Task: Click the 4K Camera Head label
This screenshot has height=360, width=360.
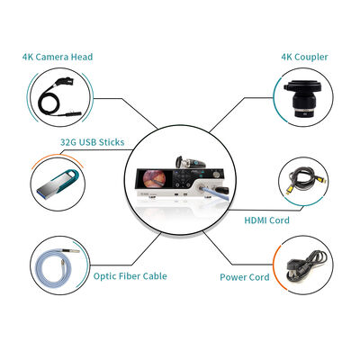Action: (x=58, y=58)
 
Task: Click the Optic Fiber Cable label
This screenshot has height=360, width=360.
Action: (x=130, y=275)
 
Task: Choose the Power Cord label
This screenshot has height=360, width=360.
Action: (x=245, y=277)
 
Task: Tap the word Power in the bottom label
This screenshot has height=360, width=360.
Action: (x=235, y=277)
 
